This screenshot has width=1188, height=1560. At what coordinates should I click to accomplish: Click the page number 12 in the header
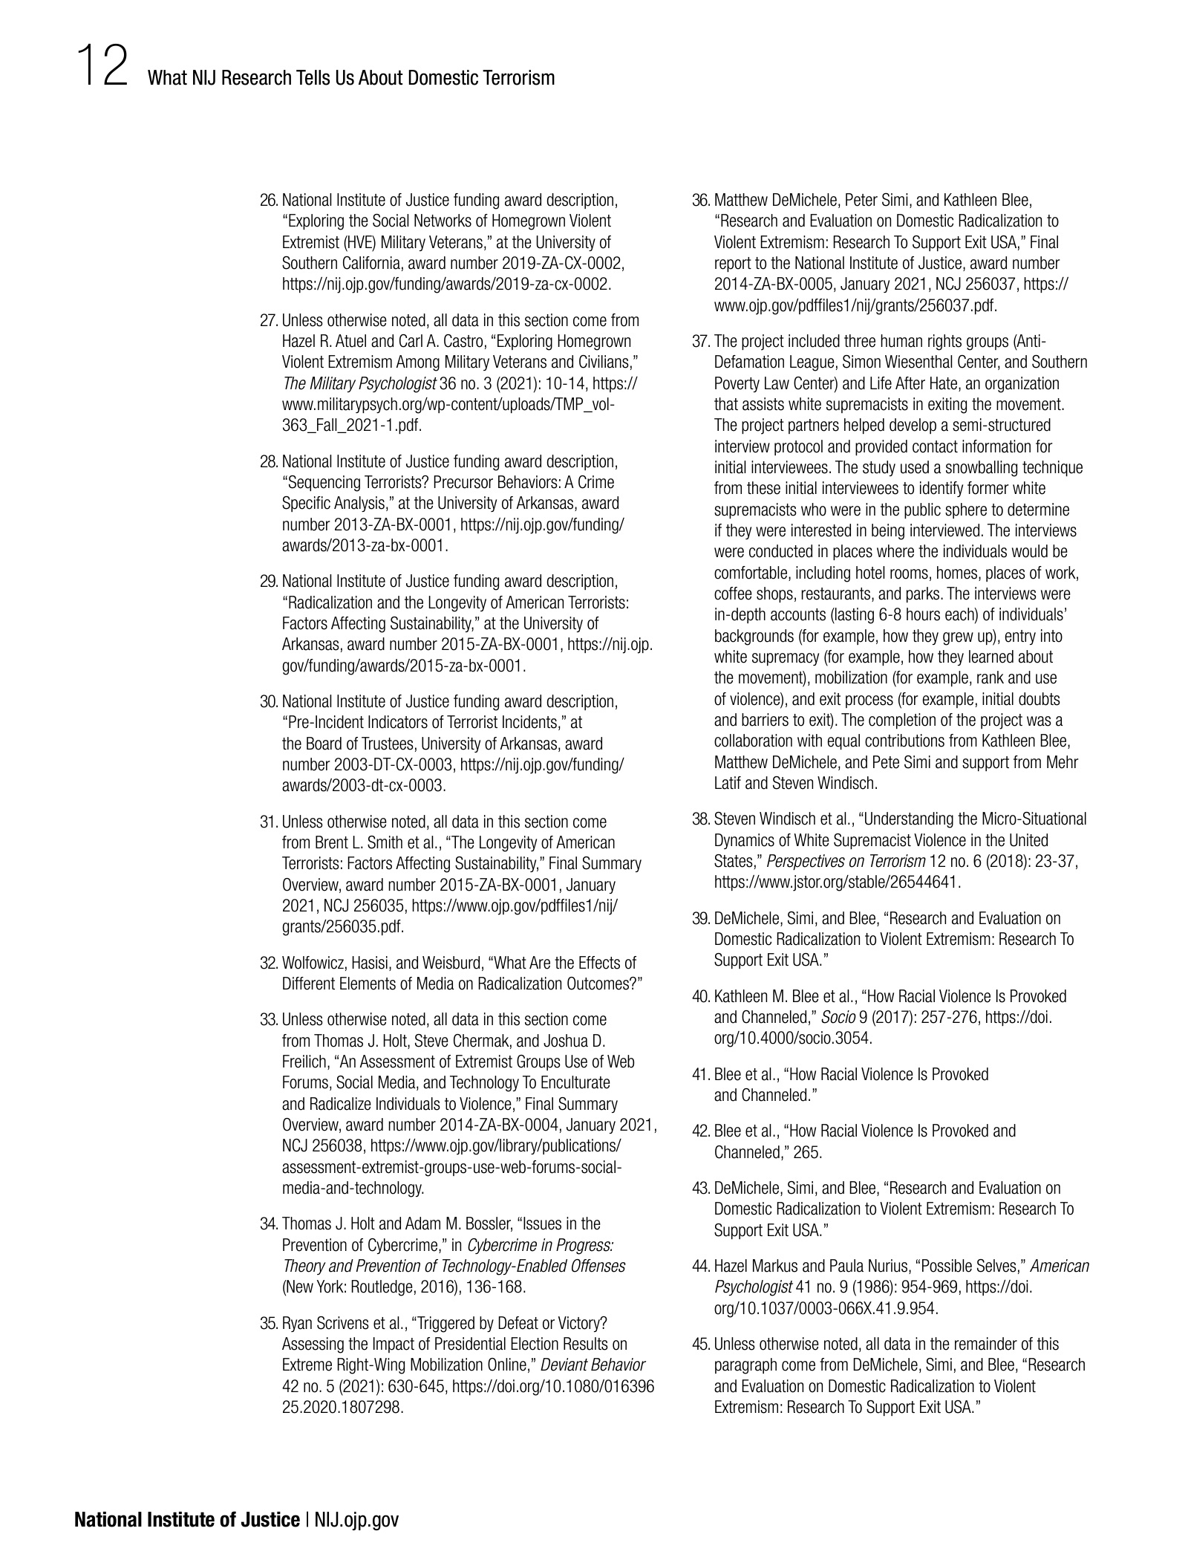tap(101, 66)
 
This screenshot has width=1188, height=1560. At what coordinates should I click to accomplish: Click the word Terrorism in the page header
tap(519, 78)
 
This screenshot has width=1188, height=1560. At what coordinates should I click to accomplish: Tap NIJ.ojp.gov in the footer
tap(356, 1519)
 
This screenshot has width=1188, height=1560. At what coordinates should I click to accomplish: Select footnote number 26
tap(269, 201)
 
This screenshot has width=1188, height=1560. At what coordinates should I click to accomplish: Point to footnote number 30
tap(269, 702)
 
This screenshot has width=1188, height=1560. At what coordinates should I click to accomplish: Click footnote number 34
tap(269, 1223)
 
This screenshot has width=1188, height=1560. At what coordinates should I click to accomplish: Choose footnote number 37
tap(701, 342)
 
